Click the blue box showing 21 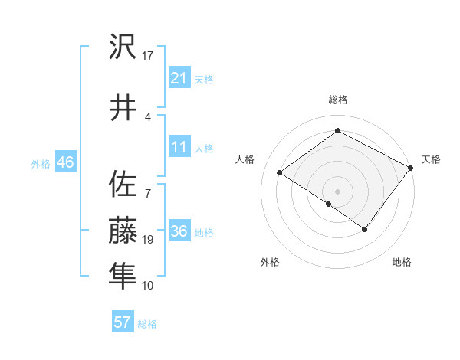pyautogui.click(x=179, y=78)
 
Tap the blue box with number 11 pyautogui.click(x=179, y=147)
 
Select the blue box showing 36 pyautogui.click(x=179, y=231)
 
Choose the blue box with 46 pyautogui.click(x=65, y=162)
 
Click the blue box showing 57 pyautogui.click(x=123, y=322)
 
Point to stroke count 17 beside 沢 pyautogui.click(x=148, y=55)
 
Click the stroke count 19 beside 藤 pyautogui.click(x=148, y=240)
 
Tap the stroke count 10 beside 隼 pyautogui.click(x=148, y=285)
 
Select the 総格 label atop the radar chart pyautogui.click(x=337, y=100)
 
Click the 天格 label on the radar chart pyautogui.click(x=431, y=159)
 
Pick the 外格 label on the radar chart pyautogui.click(x=270, y=262)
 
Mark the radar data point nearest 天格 pyautogui.click(x=410, y=168)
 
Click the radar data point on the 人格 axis pyautogui.click(x=280, y=172)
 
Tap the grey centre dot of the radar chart pyautogui.click(x=337, y=191)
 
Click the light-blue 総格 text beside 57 pyautogui.click(x=147, y=324)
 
